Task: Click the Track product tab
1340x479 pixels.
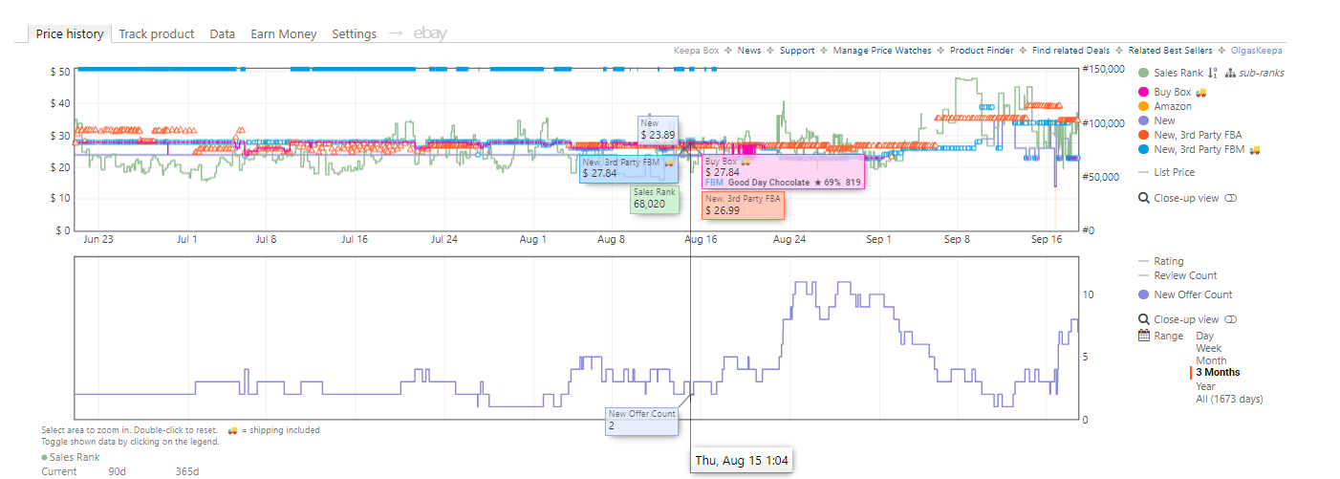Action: [x=156, y=34]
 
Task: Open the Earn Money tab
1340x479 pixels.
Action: [x=284, y=34]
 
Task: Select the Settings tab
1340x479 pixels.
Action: [x=355, y=34]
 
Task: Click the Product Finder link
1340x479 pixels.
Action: [x=982, y=51]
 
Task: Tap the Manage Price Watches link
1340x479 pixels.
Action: [x=882, y=51]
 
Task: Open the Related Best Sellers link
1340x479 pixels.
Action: [x=1170, y=51]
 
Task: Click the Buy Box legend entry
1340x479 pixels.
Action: [x=1173, y=92]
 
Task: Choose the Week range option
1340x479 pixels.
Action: [x=1208, y=348]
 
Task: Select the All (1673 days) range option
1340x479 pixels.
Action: [x=1229, y=399]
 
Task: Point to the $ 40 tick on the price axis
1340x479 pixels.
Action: [x=60, y=103]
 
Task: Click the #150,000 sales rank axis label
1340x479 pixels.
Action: [x=1104, y=69]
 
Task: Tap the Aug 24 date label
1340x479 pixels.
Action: [x=789, y=239]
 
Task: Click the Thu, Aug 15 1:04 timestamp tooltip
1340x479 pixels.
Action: [x=741, y=461]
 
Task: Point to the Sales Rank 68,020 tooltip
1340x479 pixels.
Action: [x=655, y=199]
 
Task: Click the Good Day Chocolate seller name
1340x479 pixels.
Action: [x=768, y=183]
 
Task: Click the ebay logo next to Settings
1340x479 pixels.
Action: [x=430, y=33]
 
